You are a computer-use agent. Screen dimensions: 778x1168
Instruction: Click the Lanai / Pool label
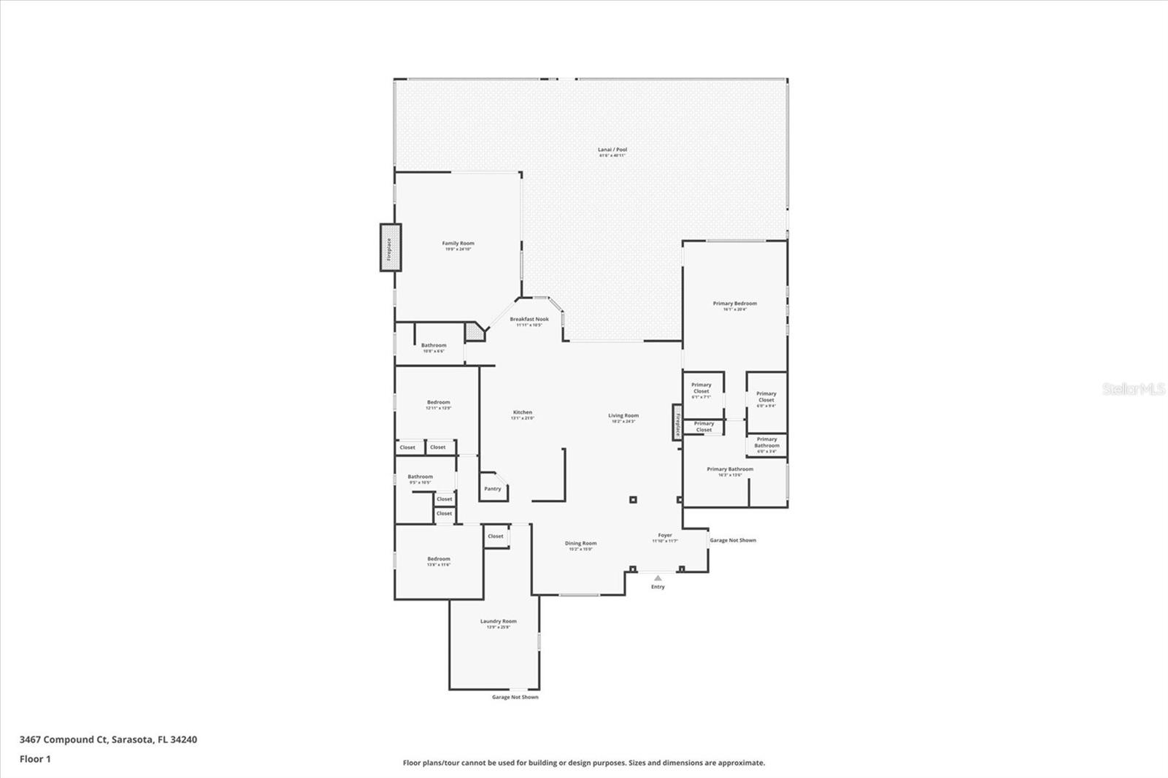click(612, 152)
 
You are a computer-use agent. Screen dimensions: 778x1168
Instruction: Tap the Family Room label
click(458, 246)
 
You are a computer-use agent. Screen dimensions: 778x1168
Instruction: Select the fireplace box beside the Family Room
click(390, 247)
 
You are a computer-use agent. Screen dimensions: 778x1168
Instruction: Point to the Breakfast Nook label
click(529, 321)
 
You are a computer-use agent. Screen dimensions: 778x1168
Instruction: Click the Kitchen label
click(522, 415)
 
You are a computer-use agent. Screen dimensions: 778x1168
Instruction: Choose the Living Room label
click(623, 417)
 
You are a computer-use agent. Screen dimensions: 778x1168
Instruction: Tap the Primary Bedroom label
click(734, 305)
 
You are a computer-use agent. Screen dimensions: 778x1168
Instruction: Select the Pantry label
click(493, 488)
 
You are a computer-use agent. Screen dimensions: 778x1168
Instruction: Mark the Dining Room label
click(580, 544)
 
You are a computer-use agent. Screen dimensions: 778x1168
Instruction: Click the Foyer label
click(664, 537)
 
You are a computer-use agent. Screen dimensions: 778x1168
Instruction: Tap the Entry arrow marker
click(658, 578)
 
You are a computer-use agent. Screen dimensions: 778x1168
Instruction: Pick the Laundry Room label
click(498, 623)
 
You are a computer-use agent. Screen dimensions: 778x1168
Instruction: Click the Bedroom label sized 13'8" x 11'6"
click(439, 561)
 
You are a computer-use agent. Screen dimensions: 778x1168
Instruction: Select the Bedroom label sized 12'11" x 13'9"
click(438, 404)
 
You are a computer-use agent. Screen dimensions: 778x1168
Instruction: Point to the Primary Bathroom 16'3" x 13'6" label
click(729, 471)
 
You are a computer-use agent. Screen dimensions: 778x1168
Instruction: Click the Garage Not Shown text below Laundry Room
click(515, 697)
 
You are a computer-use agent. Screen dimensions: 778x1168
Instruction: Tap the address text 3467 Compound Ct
click(108, 739)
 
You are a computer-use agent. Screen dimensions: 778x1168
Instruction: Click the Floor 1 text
click(35, 759)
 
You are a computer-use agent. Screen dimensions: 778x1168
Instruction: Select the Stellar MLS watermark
click(1133, 390)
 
